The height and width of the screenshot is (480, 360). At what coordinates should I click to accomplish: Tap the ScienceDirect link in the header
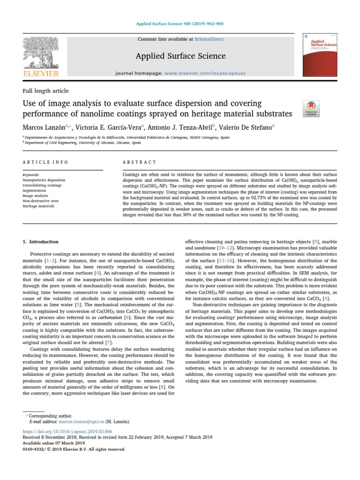[199, 39]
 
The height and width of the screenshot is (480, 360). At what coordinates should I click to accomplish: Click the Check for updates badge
[312, 108]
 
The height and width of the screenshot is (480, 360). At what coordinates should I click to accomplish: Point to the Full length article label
[45, 91]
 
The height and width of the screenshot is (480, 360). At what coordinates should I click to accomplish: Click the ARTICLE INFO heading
[45, 162]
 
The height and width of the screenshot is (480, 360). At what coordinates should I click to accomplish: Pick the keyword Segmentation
[36, 191]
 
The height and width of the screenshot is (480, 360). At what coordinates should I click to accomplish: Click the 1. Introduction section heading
[41, 242]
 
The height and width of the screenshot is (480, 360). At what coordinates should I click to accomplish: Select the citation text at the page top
[180, 23]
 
